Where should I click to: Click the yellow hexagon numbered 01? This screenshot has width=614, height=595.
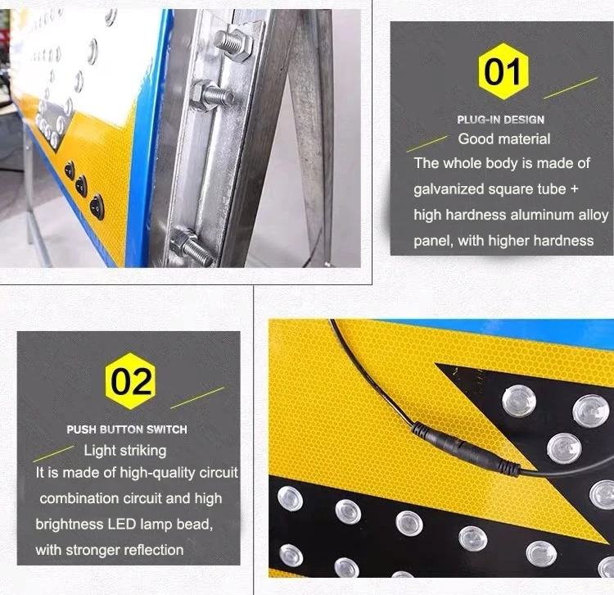coord(503,71)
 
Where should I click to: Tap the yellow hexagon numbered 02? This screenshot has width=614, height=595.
coord(130,381)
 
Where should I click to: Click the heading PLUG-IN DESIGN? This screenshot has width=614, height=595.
coord(500,120)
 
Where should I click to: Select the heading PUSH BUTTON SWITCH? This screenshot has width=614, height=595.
coord(127,429)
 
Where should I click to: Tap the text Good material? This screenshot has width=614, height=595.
coord(504,139)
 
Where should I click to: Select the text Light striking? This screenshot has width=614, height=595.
coord(125,451)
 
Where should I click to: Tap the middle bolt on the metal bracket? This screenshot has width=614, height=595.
coord(211,96)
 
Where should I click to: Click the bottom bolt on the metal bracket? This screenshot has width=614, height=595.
coord(193,247)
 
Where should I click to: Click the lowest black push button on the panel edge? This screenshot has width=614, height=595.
coord(97,207)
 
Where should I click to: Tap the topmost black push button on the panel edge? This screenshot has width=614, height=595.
coord(70,170)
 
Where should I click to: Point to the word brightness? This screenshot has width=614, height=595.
coord(70,525)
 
